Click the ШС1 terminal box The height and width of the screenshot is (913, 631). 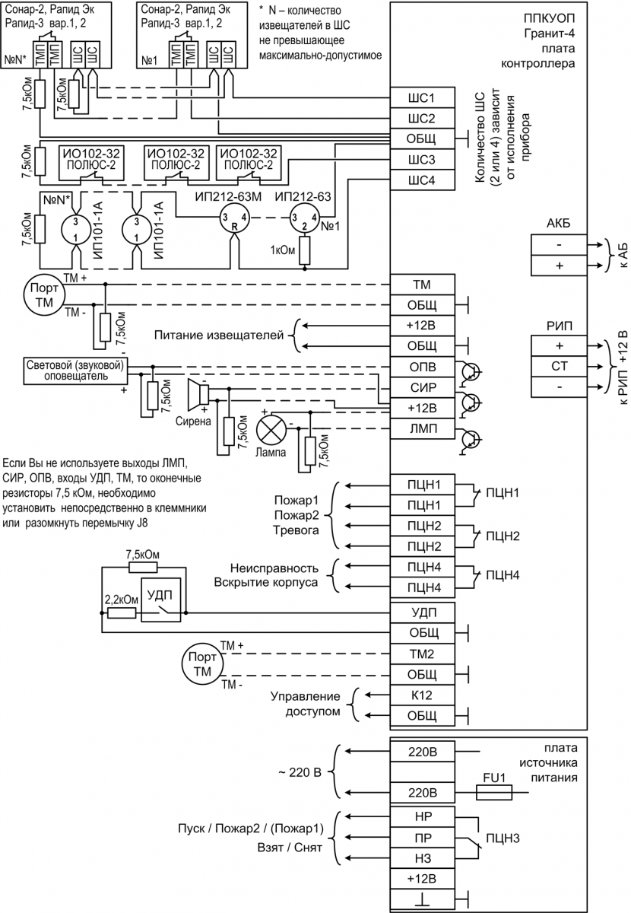[422, 98]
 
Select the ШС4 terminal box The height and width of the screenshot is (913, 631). [422, 180]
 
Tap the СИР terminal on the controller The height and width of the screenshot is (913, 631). [422, 388]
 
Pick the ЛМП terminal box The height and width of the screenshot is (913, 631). [422, 429]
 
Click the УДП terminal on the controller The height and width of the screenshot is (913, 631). [422, 612]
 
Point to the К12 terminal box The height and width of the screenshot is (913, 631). [422, 695]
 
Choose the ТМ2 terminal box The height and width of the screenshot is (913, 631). [422, 654]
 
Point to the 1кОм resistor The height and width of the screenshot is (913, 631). [305, 250]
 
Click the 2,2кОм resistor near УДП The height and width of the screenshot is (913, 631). [122, 612]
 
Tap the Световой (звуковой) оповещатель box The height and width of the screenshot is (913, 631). [76, 368]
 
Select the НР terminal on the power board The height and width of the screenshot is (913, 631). [422, 814]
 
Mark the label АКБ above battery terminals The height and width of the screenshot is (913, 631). [559, 222]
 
